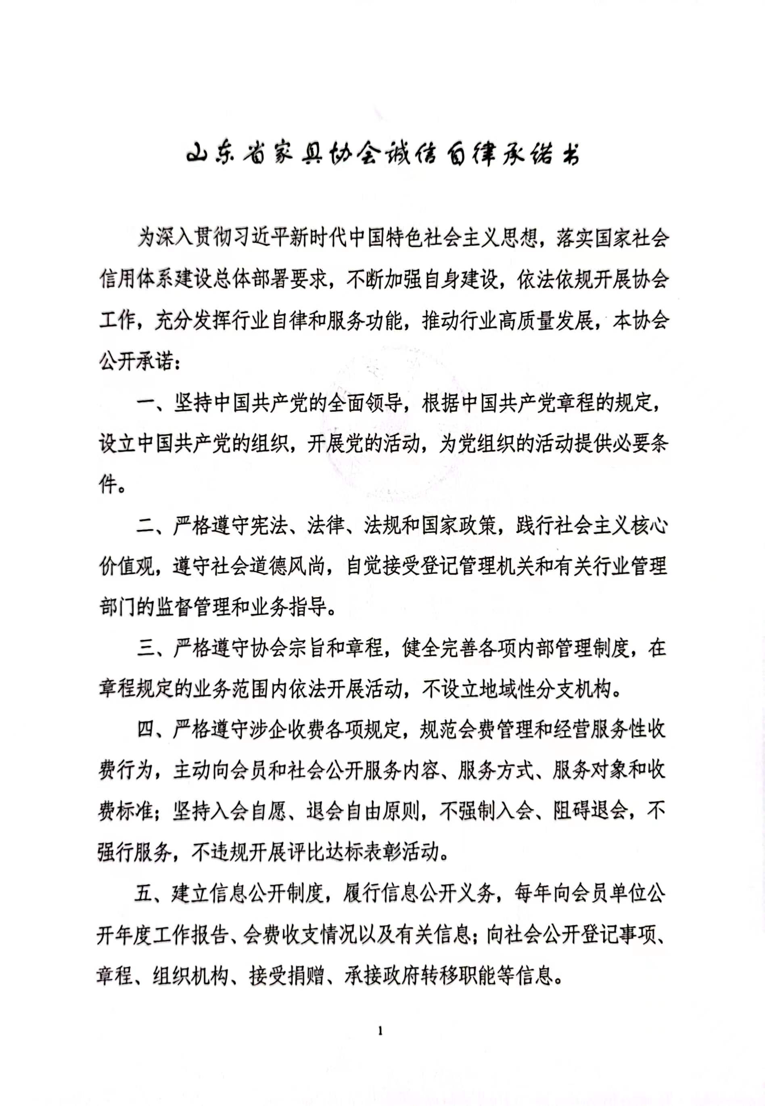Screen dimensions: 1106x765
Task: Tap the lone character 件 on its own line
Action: point(108,486)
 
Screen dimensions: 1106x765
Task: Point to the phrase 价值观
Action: point(127,567)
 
